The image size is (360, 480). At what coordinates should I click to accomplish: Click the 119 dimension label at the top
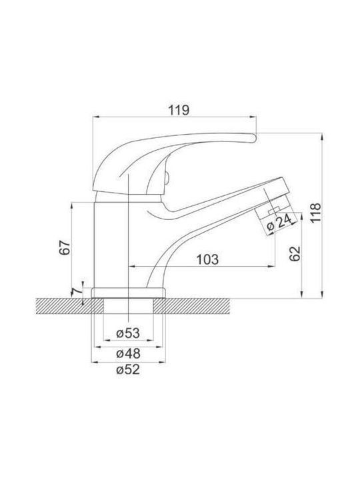point(179,110)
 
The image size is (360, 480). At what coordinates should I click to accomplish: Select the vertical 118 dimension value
point(315,213)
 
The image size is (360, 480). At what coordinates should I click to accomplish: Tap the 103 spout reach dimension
point(207,259)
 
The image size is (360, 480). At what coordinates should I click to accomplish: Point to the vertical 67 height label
point(65,247)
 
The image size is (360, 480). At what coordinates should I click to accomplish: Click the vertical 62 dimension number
point(295,253)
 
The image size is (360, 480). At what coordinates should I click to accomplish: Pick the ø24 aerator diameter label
point(279,223)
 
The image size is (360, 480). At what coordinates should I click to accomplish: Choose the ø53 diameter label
point(128,333)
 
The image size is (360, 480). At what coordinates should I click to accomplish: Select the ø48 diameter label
point(128,354)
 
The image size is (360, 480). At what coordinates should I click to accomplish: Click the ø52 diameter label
point(128,370)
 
